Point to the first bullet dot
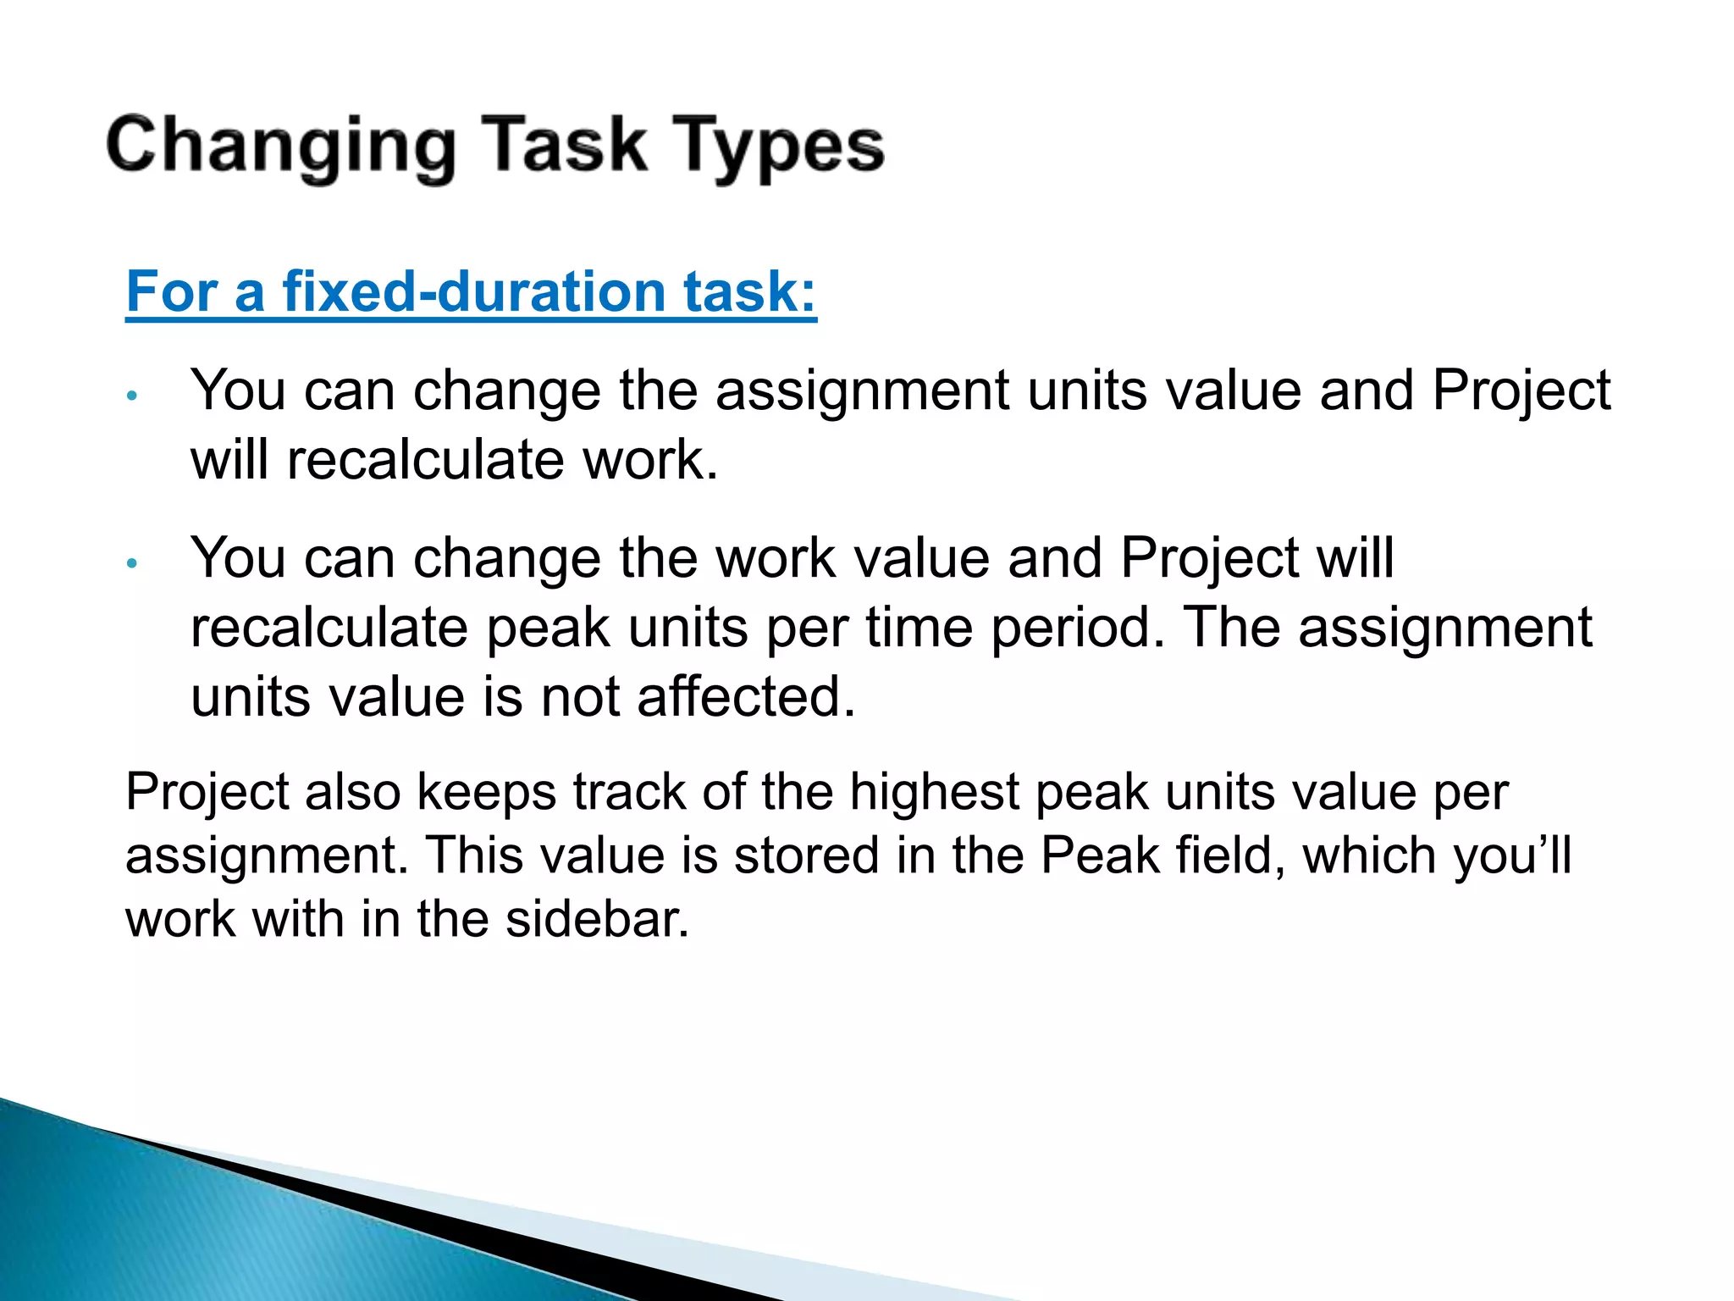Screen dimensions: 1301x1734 coord(131,396)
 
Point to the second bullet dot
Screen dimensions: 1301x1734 coord(131,563)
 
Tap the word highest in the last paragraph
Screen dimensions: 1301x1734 coord(934,792)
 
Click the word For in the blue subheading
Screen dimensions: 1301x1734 coord(173,291)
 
